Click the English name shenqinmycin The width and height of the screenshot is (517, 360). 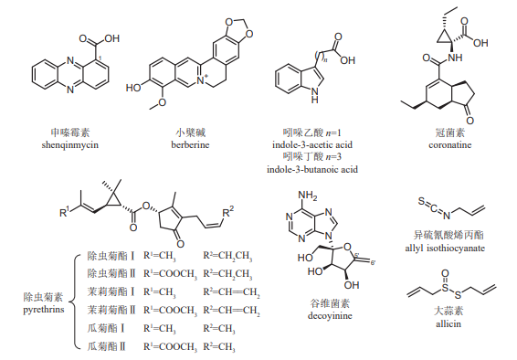click(66, 144)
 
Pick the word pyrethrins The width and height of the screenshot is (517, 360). click(43, 309)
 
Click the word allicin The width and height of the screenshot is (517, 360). click(447, 323)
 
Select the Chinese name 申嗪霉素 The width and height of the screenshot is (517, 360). click(66, 132)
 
